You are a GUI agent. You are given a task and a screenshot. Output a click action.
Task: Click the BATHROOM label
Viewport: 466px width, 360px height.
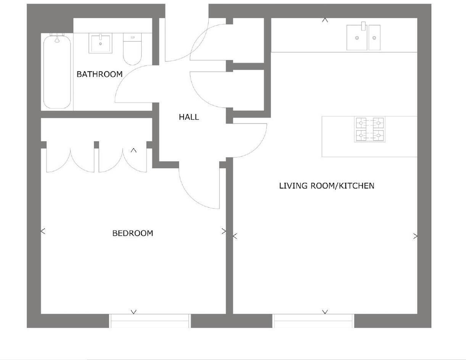tap(100, 74)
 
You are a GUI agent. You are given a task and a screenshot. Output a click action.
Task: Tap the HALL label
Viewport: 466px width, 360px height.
tap(189, 117)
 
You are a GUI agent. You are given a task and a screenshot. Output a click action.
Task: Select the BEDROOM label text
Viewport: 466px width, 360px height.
tap(132, 233)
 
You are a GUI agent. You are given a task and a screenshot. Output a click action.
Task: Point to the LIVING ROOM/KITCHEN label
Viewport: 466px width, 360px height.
tap(326, 186)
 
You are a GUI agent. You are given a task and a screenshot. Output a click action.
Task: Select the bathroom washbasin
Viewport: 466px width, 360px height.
tap(100, 43)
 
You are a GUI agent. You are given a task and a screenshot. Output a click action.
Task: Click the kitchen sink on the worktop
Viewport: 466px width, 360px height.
tap(363, 37)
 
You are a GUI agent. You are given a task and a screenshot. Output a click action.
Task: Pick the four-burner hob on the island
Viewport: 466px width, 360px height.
tap(369, 129)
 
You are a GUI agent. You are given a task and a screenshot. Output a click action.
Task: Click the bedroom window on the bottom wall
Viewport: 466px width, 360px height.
tap(150, 321)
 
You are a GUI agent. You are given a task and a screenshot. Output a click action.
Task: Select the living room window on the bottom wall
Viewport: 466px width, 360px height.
tap(313, 321)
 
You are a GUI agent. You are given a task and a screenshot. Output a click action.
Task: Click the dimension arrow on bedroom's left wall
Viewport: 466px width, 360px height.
tap(43, 231)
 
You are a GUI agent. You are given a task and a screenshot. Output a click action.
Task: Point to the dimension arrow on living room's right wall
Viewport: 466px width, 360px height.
tap(415, 236)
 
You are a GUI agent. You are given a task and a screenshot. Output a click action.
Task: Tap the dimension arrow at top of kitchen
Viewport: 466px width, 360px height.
tap(325, 20)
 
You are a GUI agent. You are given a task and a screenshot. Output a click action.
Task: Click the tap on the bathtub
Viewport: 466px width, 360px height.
tap(57, 37)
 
